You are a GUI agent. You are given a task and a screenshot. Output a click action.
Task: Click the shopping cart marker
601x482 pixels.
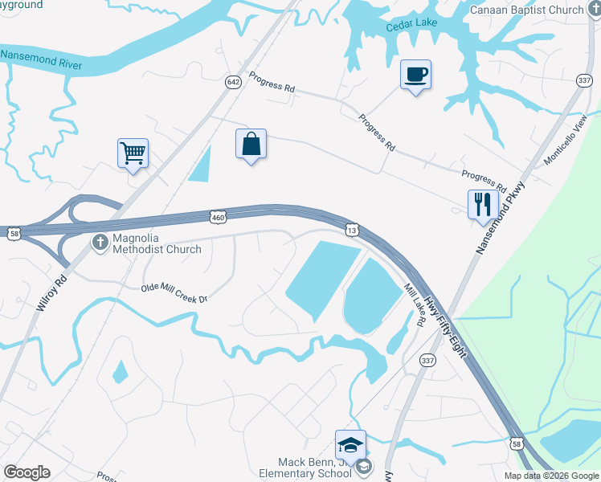click(x=133, y=152)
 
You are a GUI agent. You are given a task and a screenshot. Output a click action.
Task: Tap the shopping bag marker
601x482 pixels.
click(x=251, y=145)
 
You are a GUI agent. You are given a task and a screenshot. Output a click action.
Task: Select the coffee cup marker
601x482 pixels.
click(x=415, y=76)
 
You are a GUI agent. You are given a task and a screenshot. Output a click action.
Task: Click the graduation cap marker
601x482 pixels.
click(x=350, y=444)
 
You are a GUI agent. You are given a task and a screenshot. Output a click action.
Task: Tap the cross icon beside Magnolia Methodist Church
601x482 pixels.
click(x=100, y=243)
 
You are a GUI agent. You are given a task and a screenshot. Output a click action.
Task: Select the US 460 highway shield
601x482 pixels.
click(x=218, y=217)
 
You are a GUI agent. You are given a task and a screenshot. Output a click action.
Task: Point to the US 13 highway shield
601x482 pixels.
click(x=353, y=231)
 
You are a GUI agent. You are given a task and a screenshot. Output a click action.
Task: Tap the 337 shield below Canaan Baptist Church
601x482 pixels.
click(x=584, y=80)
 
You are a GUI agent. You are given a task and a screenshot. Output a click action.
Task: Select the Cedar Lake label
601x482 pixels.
click(x=411, y=23)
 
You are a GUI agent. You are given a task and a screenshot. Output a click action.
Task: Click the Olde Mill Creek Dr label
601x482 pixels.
click(x=174, y=293)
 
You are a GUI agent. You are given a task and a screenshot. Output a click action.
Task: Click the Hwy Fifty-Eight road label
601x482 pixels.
click(x=446, y=327)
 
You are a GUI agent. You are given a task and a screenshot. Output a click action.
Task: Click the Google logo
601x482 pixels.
click(x=27, y=472)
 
